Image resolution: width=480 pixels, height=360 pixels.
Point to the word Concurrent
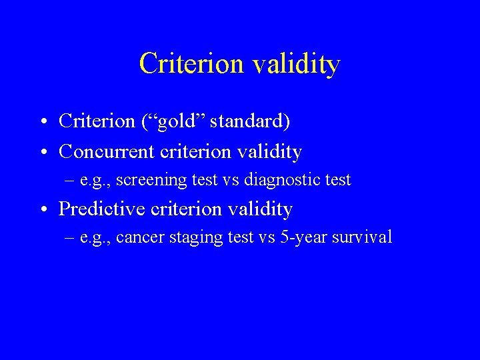[x=107, y=152]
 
